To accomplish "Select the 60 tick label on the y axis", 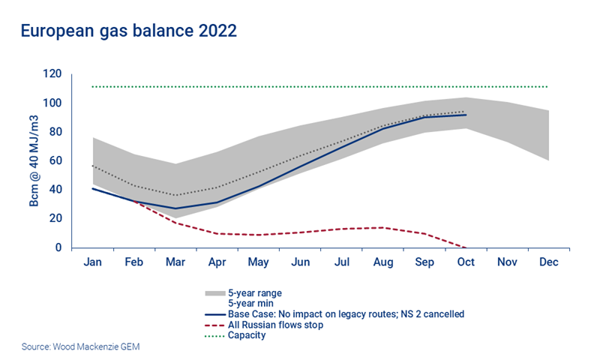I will coord(54,161).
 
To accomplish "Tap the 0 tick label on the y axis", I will coord(58,247).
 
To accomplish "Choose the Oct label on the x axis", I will coord(466,262).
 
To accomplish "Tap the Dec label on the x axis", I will coord(549,262).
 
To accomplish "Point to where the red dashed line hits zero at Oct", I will coord(466,247).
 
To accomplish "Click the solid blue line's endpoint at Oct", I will coord(466,115).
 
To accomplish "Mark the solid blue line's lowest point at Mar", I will coord(174,208).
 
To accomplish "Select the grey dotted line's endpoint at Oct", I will coord(466,111).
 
